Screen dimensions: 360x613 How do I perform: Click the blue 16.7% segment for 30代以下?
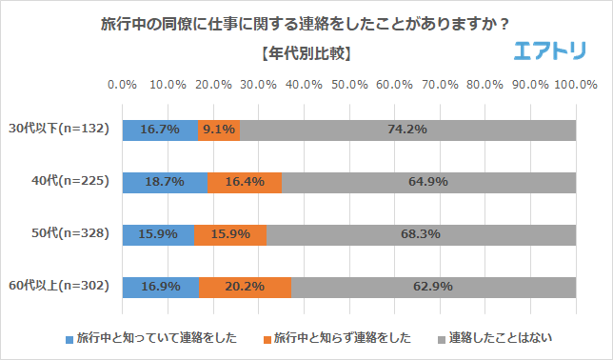(160, 130)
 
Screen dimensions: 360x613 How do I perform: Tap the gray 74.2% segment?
(407, 130)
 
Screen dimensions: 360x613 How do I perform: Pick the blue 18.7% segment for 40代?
(165, 181)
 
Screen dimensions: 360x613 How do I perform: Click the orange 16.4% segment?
(245, 181)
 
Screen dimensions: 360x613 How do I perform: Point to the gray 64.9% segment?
(428, 181)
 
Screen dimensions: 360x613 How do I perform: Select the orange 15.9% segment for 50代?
(230, 233)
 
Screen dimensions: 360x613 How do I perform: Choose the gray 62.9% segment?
(433, 286)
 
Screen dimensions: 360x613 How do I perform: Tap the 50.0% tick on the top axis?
(349, 85)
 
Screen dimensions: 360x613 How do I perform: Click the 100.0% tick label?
(575, 85)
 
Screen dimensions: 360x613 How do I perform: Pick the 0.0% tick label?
(123, 85)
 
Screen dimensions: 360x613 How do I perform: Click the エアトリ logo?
(549, 52)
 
